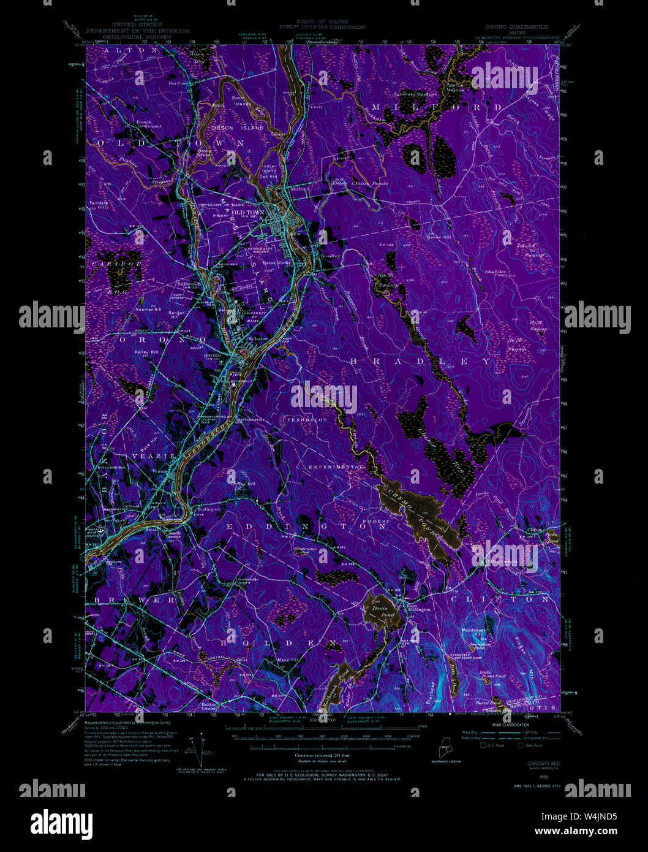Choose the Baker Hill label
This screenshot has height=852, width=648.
point(439,237)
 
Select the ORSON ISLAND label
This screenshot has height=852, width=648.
point(237,128)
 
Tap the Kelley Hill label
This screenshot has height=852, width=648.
point(146,352)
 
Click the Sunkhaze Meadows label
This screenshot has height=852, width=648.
point(416,94)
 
